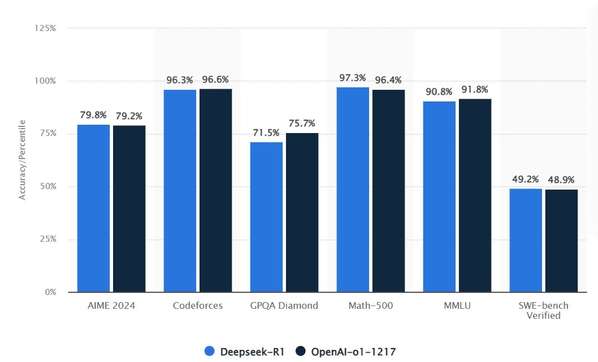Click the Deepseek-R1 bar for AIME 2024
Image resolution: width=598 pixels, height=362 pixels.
point(93,208)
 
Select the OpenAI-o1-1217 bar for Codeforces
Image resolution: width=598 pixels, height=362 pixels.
point(216,190)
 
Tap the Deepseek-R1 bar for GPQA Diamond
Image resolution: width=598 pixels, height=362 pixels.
point(266,217)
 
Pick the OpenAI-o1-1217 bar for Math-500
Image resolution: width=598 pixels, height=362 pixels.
point(389,190)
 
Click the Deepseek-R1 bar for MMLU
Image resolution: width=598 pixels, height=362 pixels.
point(439,196)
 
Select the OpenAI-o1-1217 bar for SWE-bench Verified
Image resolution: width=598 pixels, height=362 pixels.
point(561,241)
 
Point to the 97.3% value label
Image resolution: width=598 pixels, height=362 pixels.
point(352,78)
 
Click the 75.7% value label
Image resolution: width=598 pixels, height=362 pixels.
point(302,123)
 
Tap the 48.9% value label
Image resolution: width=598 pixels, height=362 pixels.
point(561,180)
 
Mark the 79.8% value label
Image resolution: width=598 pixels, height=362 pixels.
point(93,115)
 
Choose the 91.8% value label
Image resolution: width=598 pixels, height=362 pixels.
point(475,89)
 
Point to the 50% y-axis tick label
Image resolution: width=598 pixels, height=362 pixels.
point(48,186)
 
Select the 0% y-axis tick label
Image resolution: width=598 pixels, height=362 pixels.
point(50,292)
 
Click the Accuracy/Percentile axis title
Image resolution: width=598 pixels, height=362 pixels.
point(23,160)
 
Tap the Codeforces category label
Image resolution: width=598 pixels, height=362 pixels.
point(197,305)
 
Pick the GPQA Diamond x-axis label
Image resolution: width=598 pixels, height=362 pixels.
point(284,305)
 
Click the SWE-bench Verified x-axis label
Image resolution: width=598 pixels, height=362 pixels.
point(543,310)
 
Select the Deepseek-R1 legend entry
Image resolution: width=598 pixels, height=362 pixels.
point(244,351)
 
